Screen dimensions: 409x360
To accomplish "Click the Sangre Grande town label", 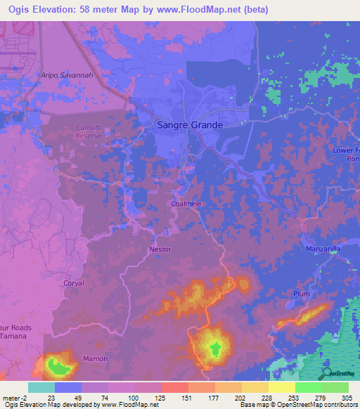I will [188, 125].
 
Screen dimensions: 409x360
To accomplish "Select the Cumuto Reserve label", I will [89, 131].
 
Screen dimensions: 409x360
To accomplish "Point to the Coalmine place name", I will [186, 204].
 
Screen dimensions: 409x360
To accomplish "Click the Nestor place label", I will [160, 249].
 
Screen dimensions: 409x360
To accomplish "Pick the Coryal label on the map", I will [74, 283].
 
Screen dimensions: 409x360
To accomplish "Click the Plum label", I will [302, 294].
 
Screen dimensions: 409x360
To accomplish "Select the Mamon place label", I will [96, 358].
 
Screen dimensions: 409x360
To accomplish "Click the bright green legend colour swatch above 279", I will [308, 387].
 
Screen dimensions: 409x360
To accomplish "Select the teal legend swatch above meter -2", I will [41, 387].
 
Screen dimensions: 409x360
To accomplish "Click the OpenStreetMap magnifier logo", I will [328, 372].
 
